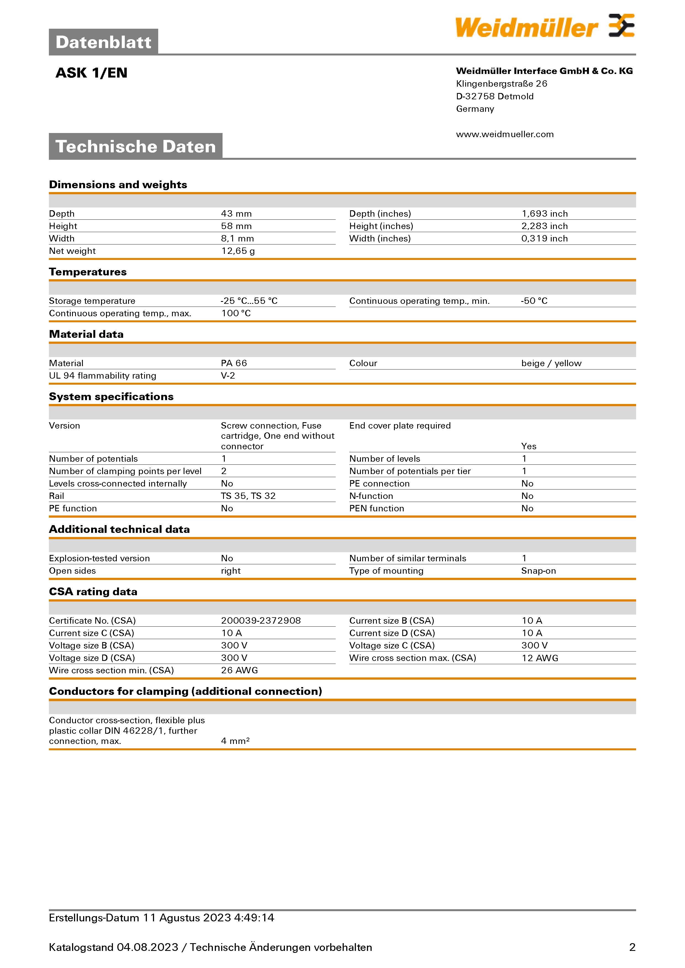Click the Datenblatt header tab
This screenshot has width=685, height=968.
[103, 42]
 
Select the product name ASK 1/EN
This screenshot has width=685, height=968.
[92, 73]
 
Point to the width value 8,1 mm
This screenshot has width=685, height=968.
[237, 239]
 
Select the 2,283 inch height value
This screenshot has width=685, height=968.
[544, 226]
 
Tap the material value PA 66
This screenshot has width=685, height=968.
[234, 363]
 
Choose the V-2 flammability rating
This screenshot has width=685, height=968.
[228, 376]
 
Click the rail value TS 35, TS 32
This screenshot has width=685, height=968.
[248, 496]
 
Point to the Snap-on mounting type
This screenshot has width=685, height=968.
[538, 571]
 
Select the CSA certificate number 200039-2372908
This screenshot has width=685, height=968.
[261, 621]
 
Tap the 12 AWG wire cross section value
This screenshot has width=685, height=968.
[539, 658]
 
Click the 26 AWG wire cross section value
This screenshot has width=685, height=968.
[239, 670]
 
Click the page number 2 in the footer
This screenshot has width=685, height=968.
[632, 947]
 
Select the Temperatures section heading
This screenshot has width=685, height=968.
[88, 272]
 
